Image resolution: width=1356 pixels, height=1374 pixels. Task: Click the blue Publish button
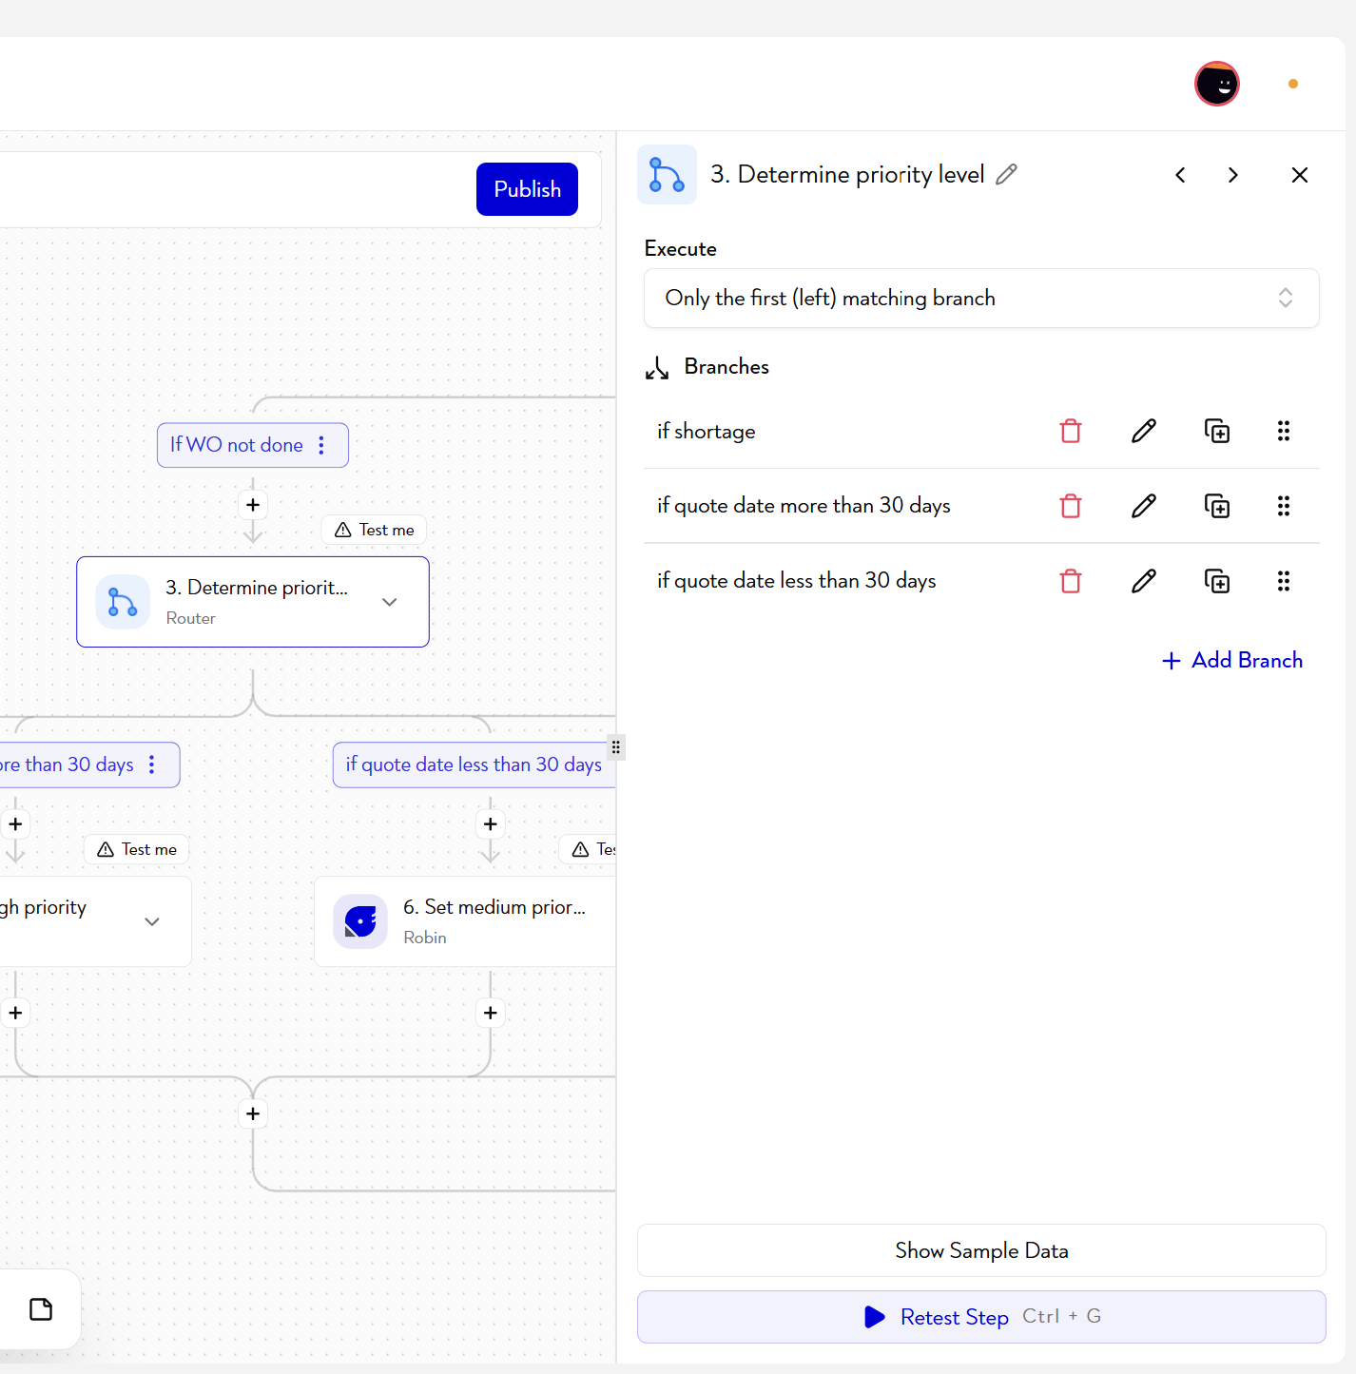click(527, 189)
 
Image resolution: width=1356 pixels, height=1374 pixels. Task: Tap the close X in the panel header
click(1300, 175)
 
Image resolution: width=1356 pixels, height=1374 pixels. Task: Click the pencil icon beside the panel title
click(1006, 174)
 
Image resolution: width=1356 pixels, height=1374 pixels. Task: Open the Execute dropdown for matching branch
click(981, 298)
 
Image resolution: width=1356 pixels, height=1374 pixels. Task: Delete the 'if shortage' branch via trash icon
click(1071, 431)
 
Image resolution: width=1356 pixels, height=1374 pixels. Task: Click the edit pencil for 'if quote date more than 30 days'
click(1143, 506)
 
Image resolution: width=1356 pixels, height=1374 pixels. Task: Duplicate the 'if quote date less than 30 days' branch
click(1217, 581)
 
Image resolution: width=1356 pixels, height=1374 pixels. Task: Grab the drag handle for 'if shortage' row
click(1283, 431)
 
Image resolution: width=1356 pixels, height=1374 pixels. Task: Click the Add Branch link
click(1231, 660)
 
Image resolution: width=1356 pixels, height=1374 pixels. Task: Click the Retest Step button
click(981, 1316)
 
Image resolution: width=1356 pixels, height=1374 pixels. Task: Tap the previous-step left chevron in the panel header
click(1180, 175)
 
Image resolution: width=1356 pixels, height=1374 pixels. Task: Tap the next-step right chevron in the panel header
click(1233, 175)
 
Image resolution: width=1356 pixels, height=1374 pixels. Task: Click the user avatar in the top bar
click(1217, 84)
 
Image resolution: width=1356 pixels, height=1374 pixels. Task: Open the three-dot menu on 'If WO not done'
click(321, 445)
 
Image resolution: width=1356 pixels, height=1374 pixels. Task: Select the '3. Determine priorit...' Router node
click(253, 602)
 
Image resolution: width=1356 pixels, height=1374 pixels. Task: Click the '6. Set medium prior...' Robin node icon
click(360, 921)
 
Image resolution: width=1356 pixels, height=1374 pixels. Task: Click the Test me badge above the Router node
click(374, 530)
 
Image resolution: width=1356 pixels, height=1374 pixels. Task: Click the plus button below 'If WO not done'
click(253, 505)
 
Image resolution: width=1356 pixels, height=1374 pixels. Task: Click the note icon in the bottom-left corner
click(41, 1309)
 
